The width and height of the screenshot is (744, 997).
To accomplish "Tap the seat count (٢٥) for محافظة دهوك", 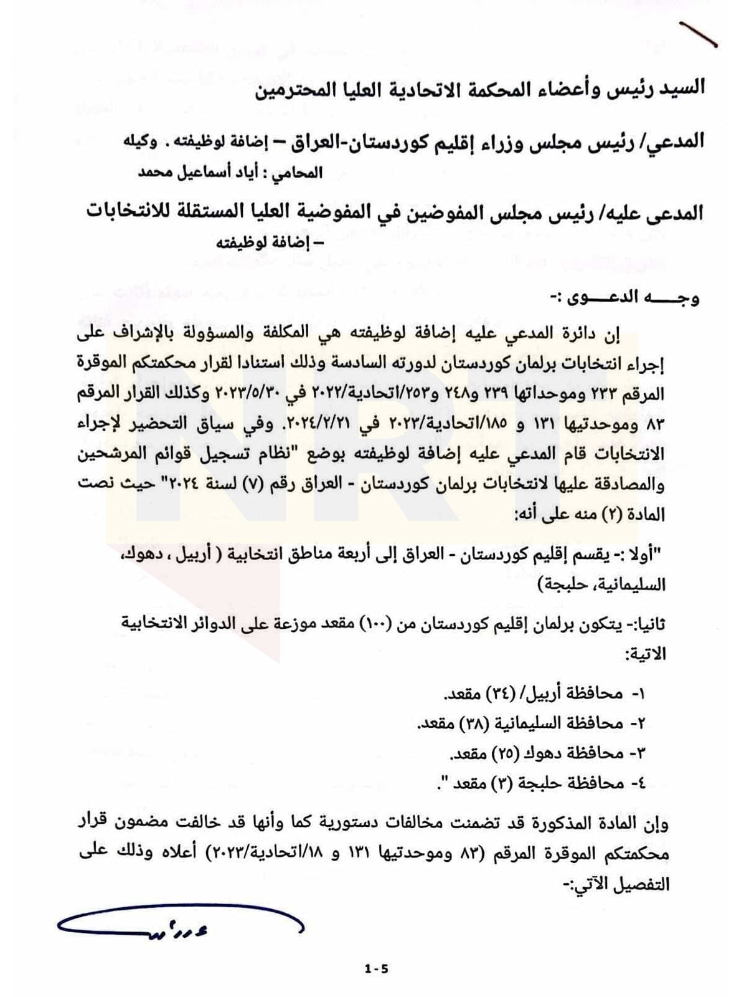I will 492,753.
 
